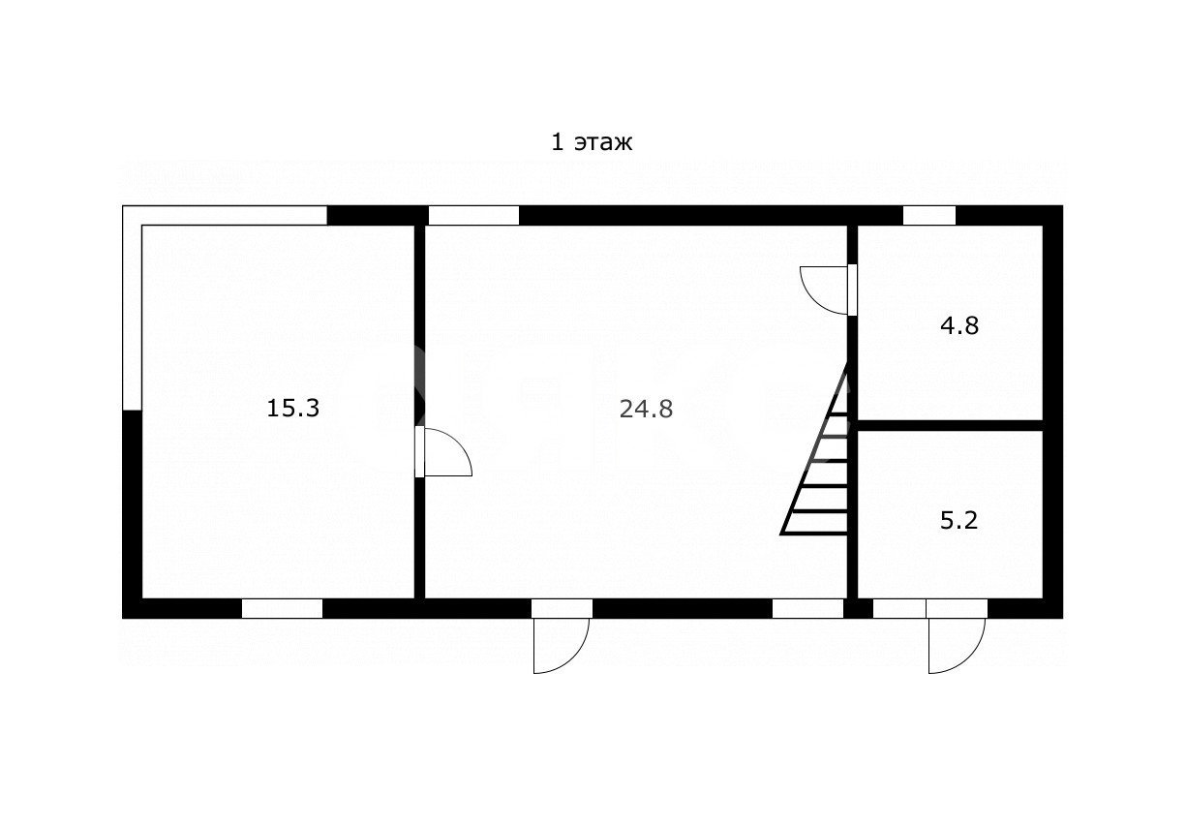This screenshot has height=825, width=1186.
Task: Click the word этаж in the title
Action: pos(603,143)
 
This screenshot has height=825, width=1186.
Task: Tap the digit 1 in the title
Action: pos(558,142)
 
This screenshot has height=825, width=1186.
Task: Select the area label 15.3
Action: pos(292,409)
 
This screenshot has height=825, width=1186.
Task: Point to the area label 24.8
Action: pos(646,409)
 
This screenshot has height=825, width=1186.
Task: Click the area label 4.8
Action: pos(959,325)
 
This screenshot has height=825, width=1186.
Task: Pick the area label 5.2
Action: pos(958,521)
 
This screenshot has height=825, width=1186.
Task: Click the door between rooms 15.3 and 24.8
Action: pos(442,451)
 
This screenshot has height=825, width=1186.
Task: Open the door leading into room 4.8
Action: pos(829,290)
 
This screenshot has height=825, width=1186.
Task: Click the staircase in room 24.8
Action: pos(815,450)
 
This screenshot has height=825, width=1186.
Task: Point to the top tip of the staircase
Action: pos(847,363)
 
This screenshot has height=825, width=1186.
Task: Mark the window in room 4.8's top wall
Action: pos(929,215)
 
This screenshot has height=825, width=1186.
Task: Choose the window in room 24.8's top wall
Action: pos(473,215)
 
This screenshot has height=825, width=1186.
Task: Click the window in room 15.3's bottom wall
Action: pos(282,609)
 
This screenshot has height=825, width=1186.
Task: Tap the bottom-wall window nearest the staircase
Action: pos(808,609)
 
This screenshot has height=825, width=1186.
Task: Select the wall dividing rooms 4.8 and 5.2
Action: pos(950,425)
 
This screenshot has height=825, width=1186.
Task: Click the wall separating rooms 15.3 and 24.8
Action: pos(420,412)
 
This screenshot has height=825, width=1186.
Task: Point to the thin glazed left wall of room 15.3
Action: pos(133,308)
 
